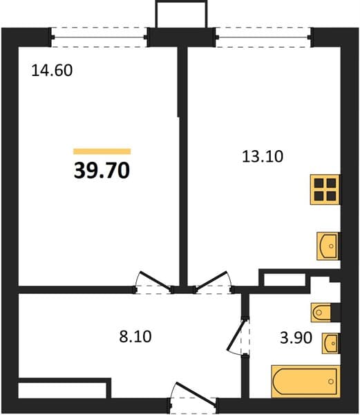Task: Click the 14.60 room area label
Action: (52, 71)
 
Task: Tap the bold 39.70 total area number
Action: (102, 170)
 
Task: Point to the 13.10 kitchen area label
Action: (263, 156)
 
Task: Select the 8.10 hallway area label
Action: (135, 337)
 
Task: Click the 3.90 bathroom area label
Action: (296, 338)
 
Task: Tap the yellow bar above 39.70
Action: (102, 151)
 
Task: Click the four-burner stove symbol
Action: (325, 190)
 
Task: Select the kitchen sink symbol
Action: (328, 246)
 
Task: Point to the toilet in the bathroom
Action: (321, 313)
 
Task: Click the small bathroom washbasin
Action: (330, 343)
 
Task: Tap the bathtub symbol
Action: (305, 382)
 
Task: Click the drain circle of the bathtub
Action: (331, 382)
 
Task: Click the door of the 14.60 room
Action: (154, 280)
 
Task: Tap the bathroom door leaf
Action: (236, 335)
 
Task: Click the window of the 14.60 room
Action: (99, 37)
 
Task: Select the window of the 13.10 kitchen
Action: (263, 37)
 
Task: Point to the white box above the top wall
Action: (181, 14)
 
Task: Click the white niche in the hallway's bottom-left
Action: (62, 390)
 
